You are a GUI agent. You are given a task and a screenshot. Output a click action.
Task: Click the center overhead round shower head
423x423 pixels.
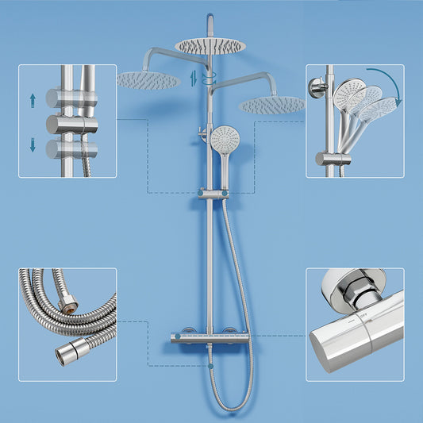(x=211, y=45)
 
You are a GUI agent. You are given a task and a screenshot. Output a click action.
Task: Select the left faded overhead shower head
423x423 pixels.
(x=148, y=79)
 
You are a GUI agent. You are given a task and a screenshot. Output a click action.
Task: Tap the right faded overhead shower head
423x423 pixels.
(x=271, y=104)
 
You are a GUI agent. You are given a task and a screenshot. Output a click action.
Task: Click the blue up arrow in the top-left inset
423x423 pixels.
(x=33, y=99)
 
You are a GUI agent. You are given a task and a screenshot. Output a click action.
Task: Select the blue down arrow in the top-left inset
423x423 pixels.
(x=33, y=144)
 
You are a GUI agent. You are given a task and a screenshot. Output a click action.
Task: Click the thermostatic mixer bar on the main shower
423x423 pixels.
(x=210, y=338)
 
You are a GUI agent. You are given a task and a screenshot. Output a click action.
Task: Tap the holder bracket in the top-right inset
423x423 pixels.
(x=333, y=158)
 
